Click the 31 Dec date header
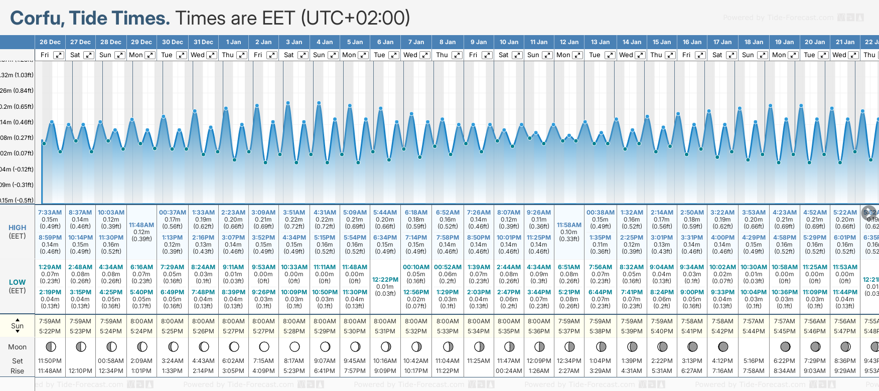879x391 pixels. tap(203, 42)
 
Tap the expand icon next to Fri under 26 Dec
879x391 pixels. tap(59, 55)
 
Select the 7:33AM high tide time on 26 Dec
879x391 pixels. tap(50, 213)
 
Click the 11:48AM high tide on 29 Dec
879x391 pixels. tap(141, 225)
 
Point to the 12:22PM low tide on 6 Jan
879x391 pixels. tap(385, 280)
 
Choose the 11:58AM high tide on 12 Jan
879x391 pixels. tap(569, 225)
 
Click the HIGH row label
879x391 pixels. tap(17, 228)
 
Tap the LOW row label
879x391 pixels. tap(17, 282)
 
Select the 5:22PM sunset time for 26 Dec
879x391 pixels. tap(50, 331)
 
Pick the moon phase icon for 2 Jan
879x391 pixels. tap(264, 346)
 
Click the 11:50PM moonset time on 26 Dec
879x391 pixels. tap(50, 361)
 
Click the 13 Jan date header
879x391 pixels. tap(600, 42)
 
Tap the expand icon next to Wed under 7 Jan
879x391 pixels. tap(424, 55)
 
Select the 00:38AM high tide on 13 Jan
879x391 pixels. tap(600, 213)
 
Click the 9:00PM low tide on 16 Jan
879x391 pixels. tap(692, 292)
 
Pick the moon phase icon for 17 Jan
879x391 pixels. tap(723, 346)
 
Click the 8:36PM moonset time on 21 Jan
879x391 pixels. tap(845, 361)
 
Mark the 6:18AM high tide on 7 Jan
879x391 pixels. tap(416, 213)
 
